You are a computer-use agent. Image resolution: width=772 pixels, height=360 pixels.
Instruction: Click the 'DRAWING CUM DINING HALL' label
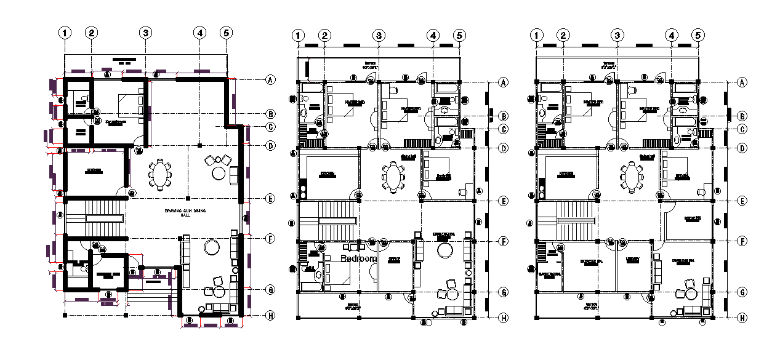point(185,213)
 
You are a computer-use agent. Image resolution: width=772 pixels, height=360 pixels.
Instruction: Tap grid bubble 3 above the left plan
point(145,33)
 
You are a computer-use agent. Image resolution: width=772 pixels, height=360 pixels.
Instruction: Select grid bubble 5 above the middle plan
point(459,36)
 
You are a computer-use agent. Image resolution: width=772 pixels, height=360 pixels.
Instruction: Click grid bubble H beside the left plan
point(270,316)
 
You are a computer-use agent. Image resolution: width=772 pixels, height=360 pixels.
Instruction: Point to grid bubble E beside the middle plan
point(503,201)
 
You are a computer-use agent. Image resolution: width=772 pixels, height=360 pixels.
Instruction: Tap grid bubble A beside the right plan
point(742,82)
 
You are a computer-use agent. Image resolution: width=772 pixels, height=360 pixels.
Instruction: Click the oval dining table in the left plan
point(161,174)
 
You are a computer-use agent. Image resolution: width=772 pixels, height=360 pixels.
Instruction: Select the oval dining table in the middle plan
point(393,177)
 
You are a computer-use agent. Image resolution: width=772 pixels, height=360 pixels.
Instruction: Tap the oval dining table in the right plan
point(632,177)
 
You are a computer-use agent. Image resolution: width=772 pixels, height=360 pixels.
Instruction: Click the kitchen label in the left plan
point(94,170)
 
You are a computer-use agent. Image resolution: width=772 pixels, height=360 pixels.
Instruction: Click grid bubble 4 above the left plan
point(199,33)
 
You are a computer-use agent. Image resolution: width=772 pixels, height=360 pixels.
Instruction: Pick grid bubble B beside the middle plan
point(503,116)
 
